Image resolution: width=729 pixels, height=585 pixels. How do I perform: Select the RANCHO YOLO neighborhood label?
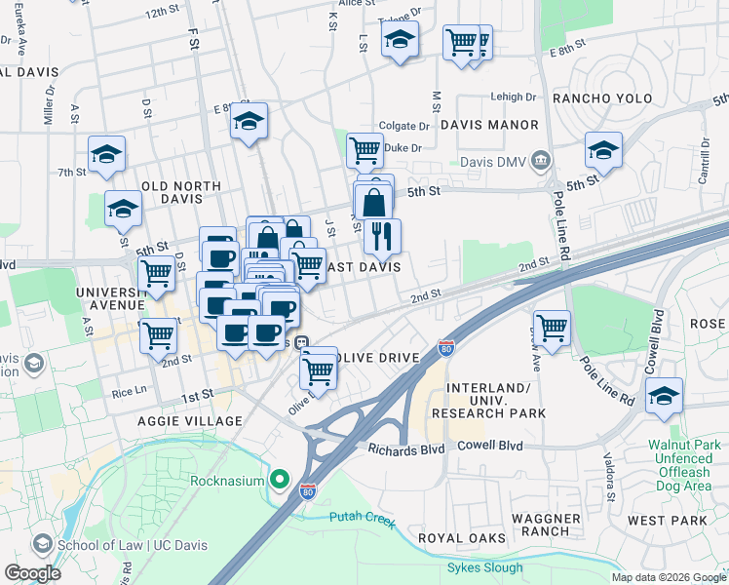point(600,98)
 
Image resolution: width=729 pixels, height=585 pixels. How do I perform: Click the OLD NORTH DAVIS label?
point(181,185)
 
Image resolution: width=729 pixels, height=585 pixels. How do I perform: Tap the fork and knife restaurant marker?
point(382,235)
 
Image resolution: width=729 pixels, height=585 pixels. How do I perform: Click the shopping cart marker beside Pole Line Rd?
point(552,327)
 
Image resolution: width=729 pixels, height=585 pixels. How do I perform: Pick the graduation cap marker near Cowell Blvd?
point(664,395)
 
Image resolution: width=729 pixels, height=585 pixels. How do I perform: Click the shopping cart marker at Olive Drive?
point(318,369)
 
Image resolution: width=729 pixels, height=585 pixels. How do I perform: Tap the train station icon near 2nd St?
point(302,342)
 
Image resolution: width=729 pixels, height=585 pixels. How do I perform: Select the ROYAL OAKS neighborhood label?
point(462,538)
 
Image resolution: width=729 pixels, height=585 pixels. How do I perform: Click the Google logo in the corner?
point(32,572)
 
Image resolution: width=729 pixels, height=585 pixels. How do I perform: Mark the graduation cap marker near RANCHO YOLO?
point(603,150)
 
